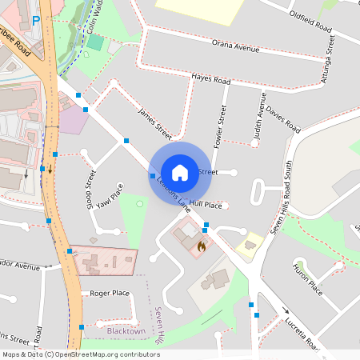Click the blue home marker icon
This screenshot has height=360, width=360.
click(180, 172)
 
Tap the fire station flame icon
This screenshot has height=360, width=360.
click(201, 248)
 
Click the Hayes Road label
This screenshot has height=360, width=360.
click(211, 80)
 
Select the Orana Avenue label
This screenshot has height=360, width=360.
click(237, 46)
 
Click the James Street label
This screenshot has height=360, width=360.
click(154, 121)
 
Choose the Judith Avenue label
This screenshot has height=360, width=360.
click(258, 117)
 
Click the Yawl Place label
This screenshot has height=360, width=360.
click(110, 196)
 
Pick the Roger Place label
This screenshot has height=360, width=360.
click(110, 293)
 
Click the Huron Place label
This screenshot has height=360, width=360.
click(306, 278)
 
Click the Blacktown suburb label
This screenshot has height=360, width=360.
click(126, 330)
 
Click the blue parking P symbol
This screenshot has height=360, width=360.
click(35, 21)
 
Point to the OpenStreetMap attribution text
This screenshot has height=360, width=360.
click(82, 354)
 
